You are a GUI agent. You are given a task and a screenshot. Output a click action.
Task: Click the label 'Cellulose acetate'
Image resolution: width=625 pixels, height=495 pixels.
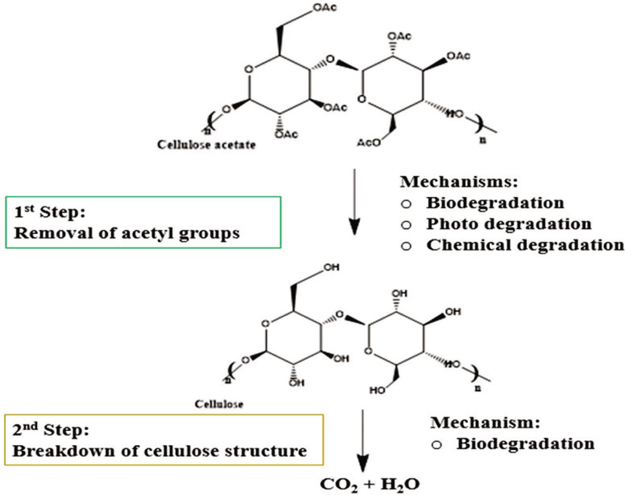point(206,145)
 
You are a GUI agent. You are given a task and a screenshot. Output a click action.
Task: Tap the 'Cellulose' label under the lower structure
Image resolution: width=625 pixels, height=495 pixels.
point(219,404)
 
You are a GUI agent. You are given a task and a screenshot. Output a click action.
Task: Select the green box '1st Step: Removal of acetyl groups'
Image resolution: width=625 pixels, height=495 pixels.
point(143,222)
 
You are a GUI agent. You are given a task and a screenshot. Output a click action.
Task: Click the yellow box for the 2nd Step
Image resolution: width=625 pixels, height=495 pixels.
point(164,440)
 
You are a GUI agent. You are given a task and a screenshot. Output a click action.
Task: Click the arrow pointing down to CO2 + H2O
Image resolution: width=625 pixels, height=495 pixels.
point(362,439)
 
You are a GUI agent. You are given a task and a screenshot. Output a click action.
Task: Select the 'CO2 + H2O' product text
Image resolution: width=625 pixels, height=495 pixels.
point(370,484)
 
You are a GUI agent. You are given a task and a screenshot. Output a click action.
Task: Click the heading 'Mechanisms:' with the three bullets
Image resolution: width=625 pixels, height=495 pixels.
point(458,182)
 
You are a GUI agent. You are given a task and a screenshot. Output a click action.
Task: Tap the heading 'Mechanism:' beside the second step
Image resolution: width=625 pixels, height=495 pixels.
point(485,422)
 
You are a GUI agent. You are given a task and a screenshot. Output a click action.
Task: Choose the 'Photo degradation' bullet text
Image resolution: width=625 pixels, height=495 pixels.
point(509,224)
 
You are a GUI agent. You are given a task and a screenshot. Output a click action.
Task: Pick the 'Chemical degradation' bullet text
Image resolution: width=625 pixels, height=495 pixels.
point(525,245)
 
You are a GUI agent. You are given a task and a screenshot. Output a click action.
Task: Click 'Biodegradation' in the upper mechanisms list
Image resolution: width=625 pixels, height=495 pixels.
point(495,202)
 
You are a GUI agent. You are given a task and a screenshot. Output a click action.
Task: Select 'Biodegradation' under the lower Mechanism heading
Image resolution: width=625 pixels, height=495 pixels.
point(525,444)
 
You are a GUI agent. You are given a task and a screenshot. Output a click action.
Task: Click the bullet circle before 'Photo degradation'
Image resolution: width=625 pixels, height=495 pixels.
point(406,225)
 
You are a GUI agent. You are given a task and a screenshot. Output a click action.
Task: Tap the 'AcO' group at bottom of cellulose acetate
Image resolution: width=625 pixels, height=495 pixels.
point(369,142)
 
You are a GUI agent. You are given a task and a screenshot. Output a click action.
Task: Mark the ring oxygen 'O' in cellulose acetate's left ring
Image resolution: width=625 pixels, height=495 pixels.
point(249,69)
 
